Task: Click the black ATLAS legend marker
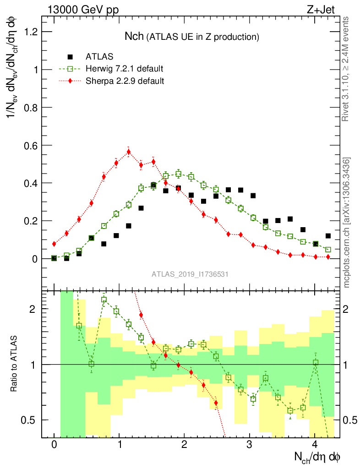tap(70, 57)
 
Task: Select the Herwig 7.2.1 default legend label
tap(125, 69)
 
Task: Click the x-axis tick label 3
tap(250, 444)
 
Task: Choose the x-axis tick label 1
tap(120, 444)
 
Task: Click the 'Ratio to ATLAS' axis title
tap(15, 364)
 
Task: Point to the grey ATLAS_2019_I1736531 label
tap(190, 274)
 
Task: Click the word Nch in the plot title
tap(135, 36)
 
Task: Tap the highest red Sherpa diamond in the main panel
tap(129, 152)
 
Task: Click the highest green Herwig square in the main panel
tap(179, 174)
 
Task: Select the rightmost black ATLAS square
tap(328, 236)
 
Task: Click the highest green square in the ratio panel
tap(104, 300)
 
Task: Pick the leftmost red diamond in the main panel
tap(54, 244)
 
